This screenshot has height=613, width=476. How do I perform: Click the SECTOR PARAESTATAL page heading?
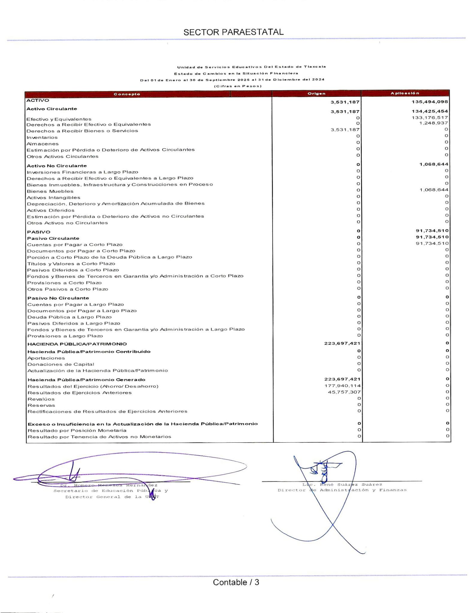pos(234,32)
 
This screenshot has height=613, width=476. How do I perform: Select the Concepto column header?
pos(127,94)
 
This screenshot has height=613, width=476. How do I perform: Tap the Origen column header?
pos(317,93)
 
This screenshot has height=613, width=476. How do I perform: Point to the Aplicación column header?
pos(405,93)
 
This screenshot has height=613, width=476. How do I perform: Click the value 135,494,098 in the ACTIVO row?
pos(430,102)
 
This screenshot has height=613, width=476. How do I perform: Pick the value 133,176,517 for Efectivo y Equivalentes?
pos(430,118)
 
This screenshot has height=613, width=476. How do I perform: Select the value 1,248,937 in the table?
pos(433,123)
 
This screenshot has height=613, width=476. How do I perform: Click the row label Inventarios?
pos(42,137)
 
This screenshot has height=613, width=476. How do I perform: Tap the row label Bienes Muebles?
pos(50,191)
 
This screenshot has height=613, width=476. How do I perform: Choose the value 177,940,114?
pos(342,386)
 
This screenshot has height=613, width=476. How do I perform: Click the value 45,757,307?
pos(344,392)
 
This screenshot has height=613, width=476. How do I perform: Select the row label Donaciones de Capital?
pos(61,364)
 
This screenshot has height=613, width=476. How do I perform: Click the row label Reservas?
pos(41,405)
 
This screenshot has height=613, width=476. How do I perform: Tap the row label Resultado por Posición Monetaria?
pos(77,430)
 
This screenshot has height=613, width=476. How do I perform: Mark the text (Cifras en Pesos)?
pos(238,86)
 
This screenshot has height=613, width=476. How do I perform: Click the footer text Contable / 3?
pos(236,582)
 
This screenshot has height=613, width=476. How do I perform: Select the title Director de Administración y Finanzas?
pos(342,490)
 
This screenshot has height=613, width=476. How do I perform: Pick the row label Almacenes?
pos(43,144)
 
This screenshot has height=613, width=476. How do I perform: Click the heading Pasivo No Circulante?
pos(58,298)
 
